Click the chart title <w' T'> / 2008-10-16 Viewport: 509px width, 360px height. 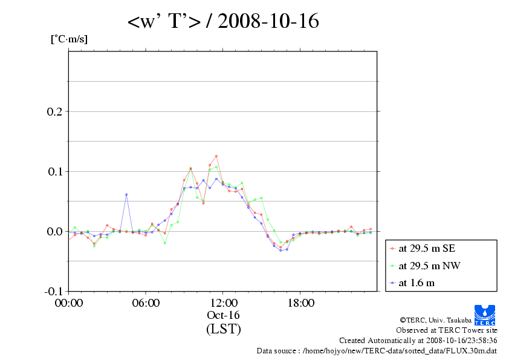pos(222,22)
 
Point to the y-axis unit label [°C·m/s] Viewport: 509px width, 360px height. pos(68,39)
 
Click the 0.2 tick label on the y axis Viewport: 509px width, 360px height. pos(55,112)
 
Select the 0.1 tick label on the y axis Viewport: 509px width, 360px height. pos(55,172)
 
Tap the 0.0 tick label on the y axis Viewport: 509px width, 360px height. pos(55,232)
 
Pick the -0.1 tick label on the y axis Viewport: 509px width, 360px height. pos(53,292)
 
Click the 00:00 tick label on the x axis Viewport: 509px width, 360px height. pos(69,303)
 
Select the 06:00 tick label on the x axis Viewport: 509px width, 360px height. pos(146,303)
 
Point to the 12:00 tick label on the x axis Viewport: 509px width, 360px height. pos(224,303)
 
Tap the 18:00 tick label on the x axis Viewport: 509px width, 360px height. pos(300,303)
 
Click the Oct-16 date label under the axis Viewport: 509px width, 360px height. pos(224,315)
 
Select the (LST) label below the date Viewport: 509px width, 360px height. pos(224,330)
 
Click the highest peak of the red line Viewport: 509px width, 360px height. pos(216,156)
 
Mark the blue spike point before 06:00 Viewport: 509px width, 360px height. pos(126,195)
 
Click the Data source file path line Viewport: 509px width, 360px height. pos(377,350)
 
